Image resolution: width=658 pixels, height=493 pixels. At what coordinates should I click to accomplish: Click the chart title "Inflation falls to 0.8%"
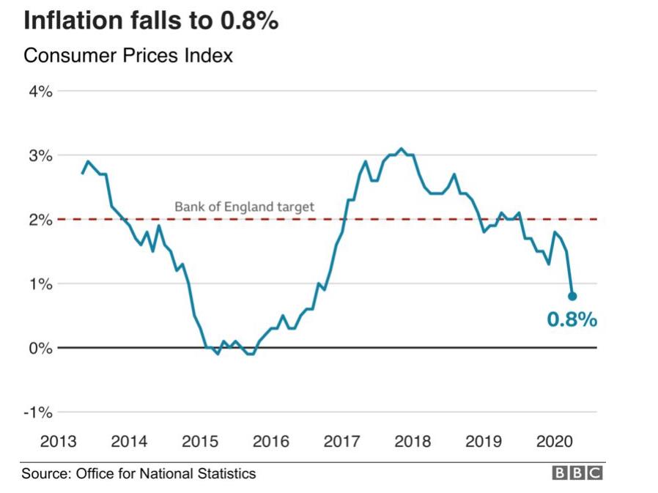click(151, 21)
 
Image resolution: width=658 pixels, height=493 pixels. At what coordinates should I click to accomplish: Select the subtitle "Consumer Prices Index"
click(128, 55)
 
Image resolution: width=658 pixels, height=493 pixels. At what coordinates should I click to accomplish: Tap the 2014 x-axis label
click(128, 442)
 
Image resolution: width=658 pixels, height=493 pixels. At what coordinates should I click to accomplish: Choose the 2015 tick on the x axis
click(199, 442)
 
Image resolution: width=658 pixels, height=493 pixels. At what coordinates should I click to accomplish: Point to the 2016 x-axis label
click(270, 442)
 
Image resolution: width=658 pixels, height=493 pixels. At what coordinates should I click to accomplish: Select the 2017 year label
click(341, 442)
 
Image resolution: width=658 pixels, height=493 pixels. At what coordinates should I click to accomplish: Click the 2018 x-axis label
click(413, 442)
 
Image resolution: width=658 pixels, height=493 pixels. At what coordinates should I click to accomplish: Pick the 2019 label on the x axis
click(484, 442)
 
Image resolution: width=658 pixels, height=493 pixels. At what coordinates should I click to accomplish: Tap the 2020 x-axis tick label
click(555, 442)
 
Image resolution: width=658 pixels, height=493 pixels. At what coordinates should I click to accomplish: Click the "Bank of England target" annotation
click(244, 207)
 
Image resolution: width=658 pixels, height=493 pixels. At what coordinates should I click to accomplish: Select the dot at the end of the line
click(572, 296)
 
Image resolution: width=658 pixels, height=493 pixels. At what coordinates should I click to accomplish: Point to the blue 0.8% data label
click(572, 319)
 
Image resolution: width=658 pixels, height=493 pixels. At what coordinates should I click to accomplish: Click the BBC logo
click(577, 474)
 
